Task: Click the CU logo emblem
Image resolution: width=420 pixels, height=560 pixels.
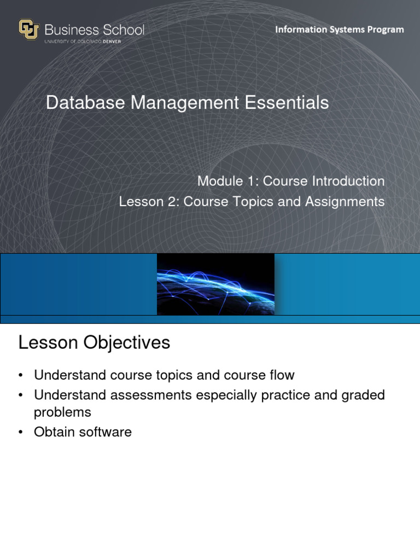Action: click(28, 30)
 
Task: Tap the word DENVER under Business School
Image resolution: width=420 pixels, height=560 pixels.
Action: click(129, 41)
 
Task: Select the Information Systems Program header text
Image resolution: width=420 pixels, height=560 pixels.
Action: click(339, 30)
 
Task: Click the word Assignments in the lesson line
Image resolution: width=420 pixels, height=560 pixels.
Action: click(345, 202)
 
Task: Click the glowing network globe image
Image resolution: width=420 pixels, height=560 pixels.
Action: click(215, 284)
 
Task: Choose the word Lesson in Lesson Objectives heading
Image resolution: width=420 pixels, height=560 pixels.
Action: click(48, 343)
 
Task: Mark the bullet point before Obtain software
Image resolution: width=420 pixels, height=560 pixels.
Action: click(21, 433)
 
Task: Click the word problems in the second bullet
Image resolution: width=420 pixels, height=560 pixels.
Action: click(62, 412)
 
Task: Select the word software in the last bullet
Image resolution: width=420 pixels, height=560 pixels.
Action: click(106, 432)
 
